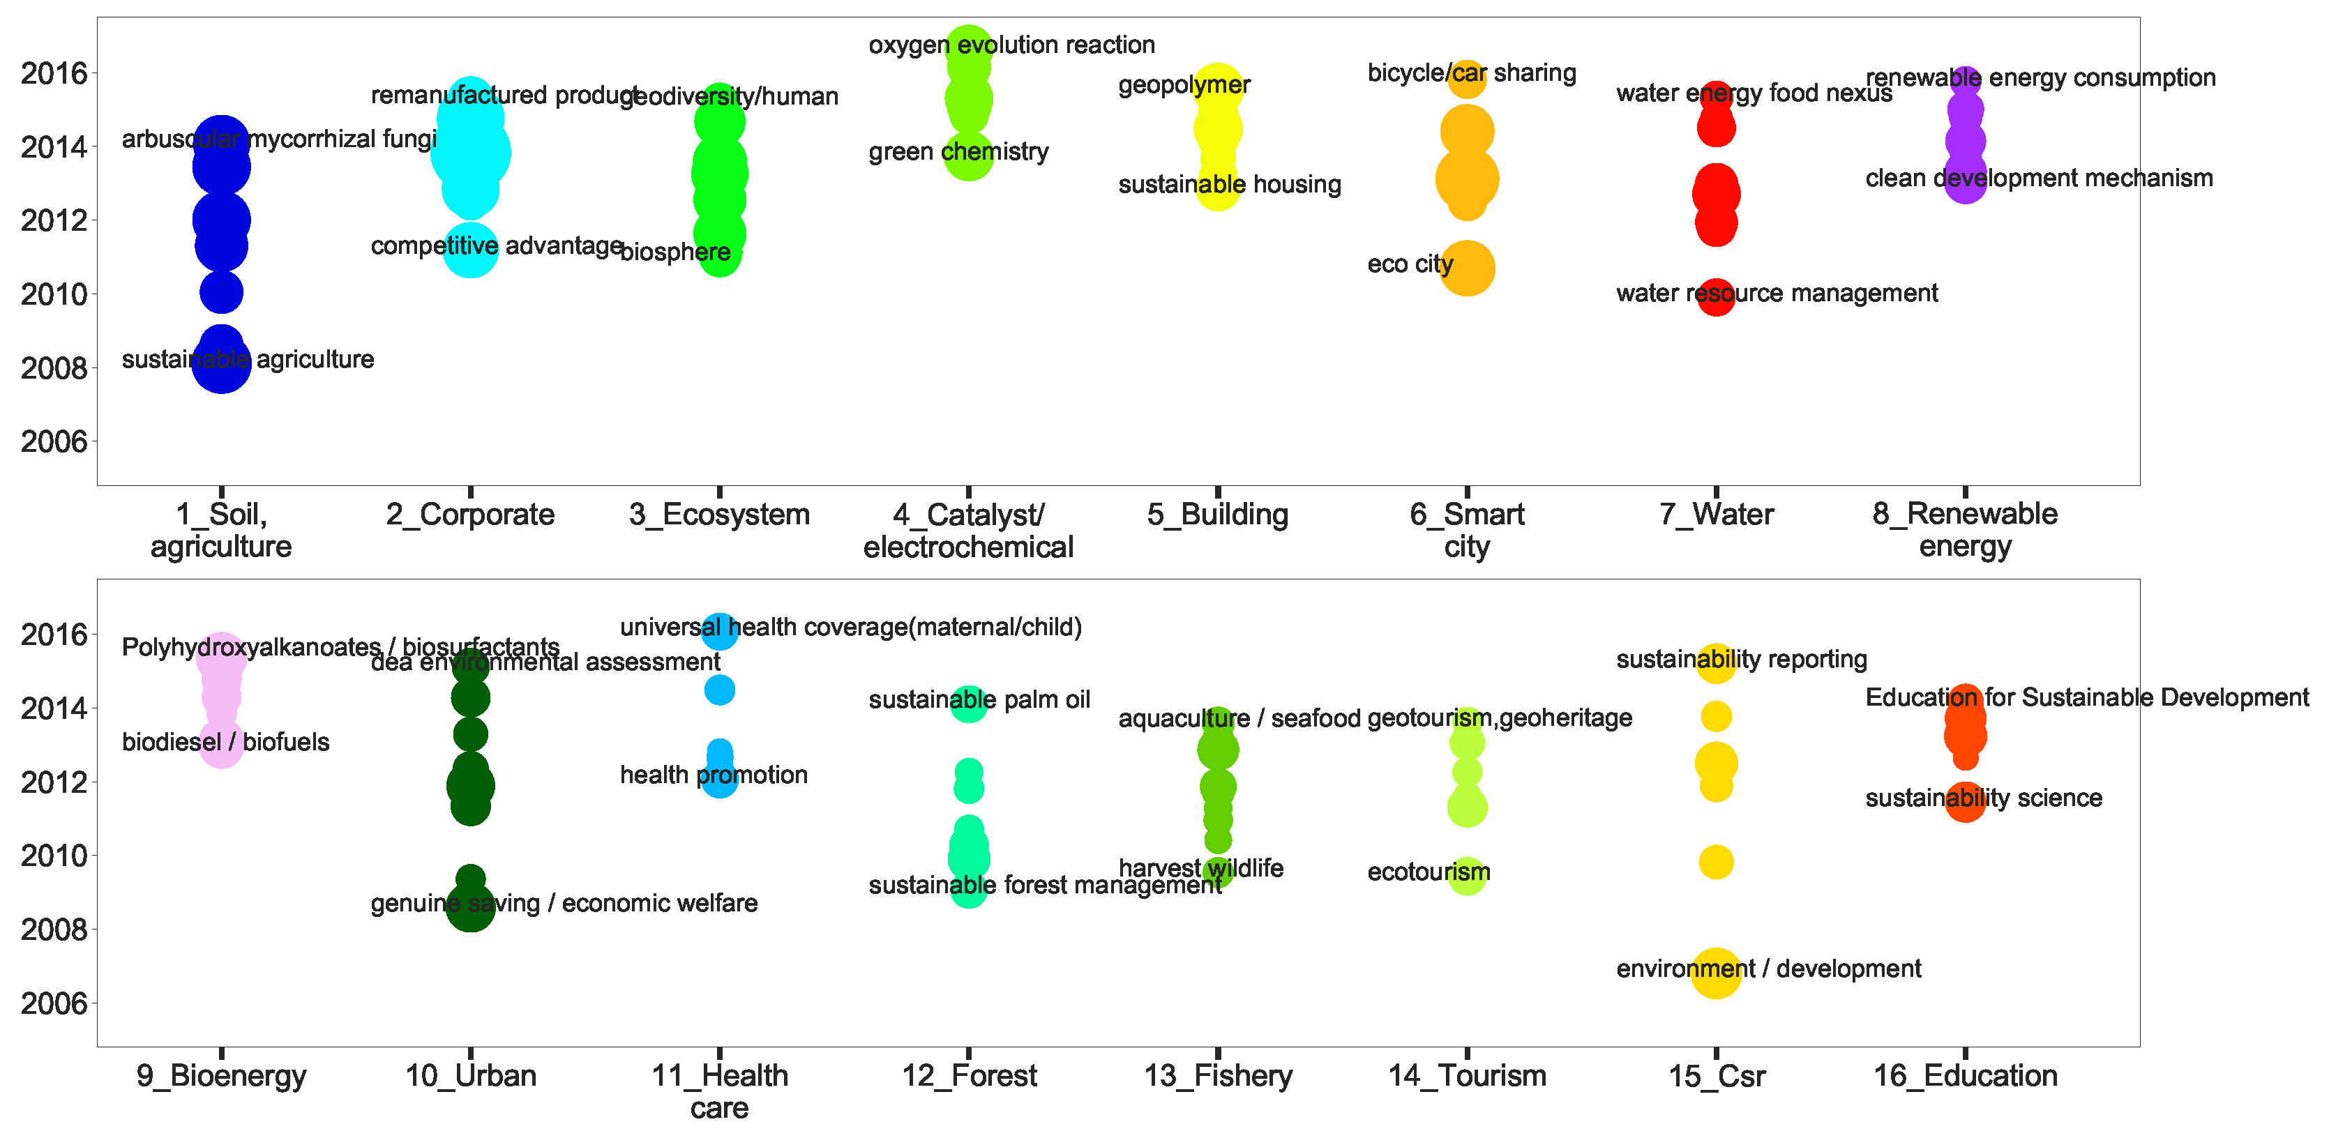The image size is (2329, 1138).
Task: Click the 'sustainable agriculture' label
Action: [248, 360]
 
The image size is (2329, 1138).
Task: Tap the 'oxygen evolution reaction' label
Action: [1011, 45]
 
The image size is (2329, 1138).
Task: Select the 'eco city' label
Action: [1410, 264]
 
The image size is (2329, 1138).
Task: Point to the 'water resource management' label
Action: [1777, 294]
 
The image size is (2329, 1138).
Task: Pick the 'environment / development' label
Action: [1768, 969]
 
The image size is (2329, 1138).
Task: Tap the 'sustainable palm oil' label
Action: [979, 699]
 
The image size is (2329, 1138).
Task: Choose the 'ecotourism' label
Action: [1428, 872]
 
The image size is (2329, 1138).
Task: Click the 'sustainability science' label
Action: [1983, 798]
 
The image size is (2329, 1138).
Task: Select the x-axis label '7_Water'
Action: [1716, 515]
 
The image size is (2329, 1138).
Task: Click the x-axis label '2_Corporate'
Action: [470, 515]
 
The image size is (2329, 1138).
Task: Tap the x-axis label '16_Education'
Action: [1965, 1076]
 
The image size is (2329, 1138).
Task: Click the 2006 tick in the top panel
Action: [54, 442]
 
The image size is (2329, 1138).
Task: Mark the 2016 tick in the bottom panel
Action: [54, 635]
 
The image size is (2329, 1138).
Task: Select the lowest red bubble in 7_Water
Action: [1715, 296]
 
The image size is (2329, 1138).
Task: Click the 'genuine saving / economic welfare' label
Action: [564, 903]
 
